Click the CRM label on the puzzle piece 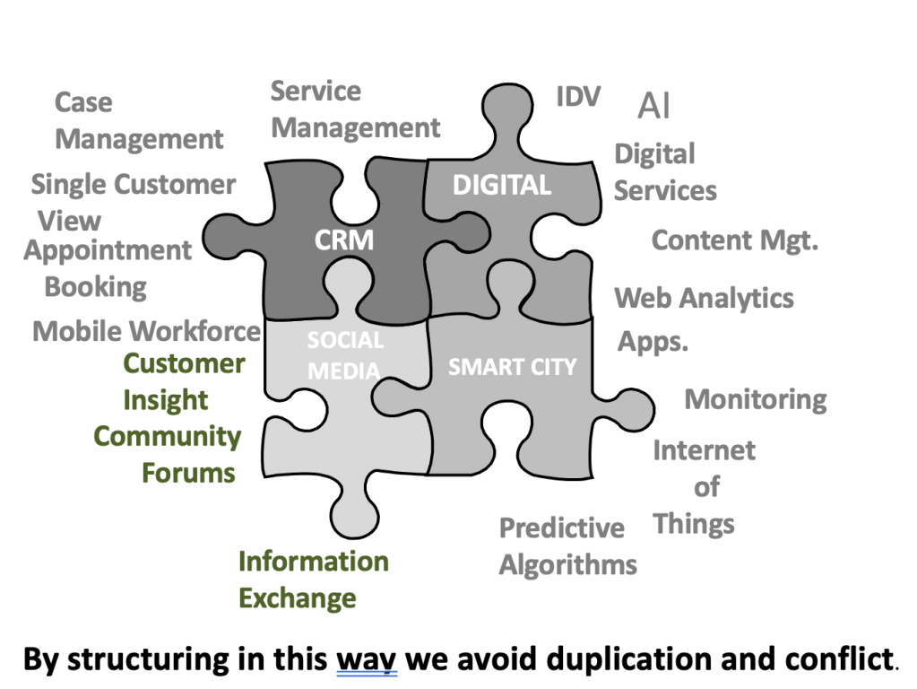[343, 240]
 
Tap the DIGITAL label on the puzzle [501, 185]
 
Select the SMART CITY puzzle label [512, 367]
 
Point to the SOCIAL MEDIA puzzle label [345, 355]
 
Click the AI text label [653, 106]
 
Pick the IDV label [578, 97]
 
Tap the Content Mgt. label [734, 240]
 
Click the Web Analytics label [704, 298]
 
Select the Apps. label [653, 342]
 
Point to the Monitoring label [756, 399]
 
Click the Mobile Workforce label [146, 331]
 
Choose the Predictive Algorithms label [567, 546]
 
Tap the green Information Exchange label [313, 580]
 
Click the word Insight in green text [166, 400]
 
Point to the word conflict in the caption [835, 659]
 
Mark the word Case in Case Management [83, 102]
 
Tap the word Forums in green [188, 473]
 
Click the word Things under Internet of [694, 524]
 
